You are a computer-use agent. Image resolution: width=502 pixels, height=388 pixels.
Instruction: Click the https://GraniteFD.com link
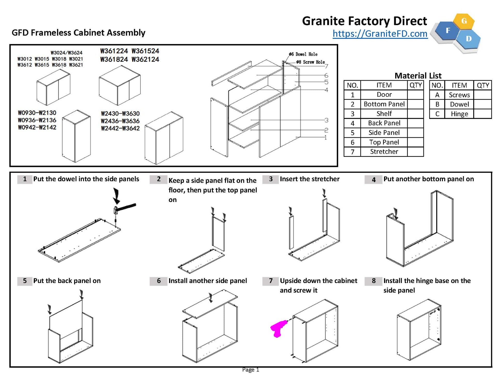point(380,34)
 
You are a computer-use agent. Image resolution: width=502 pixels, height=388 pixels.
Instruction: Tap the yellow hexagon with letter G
point(464,21)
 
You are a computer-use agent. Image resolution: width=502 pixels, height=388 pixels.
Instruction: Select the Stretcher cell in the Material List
point(384,152)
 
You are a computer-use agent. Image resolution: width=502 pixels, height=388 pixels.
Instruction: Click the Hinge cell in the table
point(459,114)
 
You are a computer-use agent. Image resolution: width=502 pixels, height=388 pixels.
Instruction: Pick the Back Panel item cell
point(384,123)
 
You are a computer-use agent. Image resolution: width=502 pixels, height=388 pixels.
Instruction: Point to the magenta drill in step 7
point(278,328)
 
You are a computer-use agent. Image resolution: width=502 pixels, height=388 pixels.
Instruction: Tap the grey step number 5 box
point(25,281)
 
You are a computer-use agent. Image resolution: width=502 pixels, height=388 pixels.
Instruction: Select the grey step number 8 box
point(374,281)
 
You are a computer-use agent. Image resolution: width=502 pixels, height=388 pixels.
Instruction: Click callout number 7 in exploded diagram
point(326,66)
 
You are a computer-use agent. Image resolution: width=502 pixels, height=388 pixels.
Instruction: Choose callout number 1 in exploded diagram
point(326,138)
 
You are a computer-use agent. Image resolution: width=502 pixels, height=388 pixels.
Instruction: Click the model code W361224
point(114,51)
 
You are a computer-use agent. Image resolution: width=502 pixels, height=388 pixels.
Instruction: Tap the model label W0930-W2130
point(37,113)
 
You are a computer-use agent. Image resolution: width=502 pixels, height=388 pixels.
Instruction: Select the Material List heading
point(418,76)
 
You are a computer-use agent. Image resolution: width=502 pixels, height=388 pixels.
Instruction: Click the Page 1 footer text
point(250,370)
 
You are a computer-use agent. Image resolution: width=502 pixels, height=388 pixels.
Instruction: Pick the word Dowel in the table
point(459,104)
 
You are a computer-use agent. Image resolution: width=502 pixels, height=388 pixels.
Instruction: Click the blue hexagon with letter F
point(448,31)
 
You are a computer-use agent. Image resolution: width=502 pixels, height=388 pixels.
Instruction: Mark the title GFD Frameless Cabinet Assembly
point(78,33)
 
